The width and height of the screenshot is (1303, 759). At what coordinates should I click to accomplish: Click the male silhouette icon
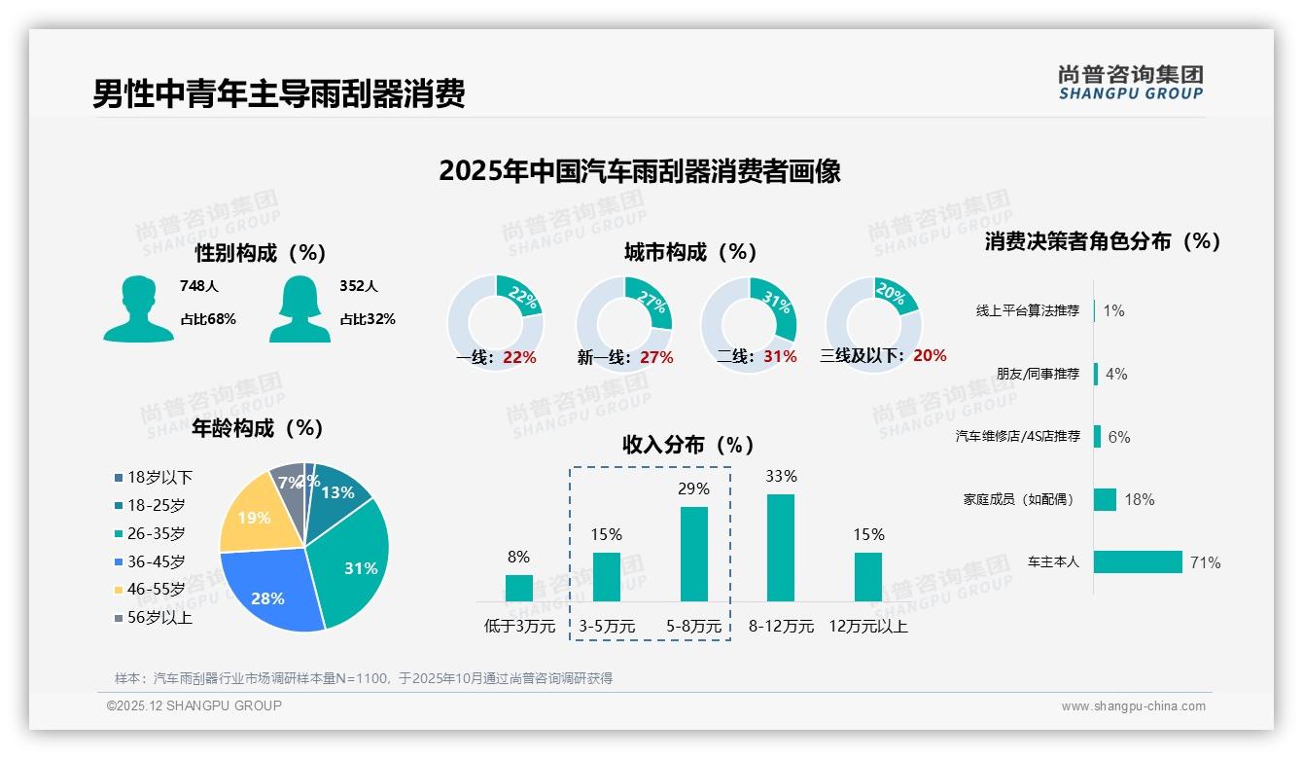pyautogui.click(x=139, y=308)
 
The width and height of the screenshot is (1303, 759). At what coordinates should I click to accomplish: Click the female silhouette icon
pyautogui.click(x=300, y=308)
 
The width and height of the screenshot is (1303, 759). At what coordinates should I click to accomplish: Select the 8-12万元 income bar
pyautogui.click(x=781, y=548)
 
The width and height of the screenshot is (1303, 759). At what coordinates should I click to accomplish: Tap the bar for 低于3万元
pyautogui.click(x=519, y=588)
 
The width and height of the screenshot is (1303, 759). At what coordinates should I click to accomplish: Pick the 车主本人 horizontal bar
pyautogui.click(x=1138, y=562)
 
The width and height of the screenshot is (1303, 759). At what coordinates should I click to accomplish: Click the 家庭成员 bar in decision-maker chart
pyautogui.click(x=1105, y=499)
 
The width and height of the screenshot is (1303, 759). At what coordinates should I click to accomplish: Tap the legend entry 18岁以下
pyautogui.click(x=154, y=477)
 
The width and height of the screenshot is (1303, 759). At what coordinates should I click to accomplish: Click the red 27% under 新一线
pyautogui.click(x=656, y=357)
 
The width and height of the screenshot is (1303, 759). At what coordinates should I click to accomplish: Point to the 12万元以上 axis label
pyautogui.click(x=867, y=626)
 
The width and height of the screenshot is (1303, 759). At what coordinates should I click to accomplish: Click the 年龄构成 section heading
pyautogui.click(x=258, y=427)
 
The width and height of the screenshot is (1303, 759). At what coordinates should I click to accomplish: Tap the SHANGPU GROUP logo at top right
pyautogui.click(x=1130, y=82)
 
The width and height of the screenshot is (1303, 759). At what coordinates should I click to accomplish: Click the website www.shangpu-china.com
pyautogui.click(x=1133, y=705)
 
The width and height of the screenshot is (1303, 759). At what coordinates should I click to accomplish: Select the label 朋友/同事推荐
pyautogui.click(x=1038, y=374)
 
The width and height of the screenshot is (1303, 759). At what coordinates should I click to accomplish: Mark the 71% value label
pyautogui.click(x=1205, y=562)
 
